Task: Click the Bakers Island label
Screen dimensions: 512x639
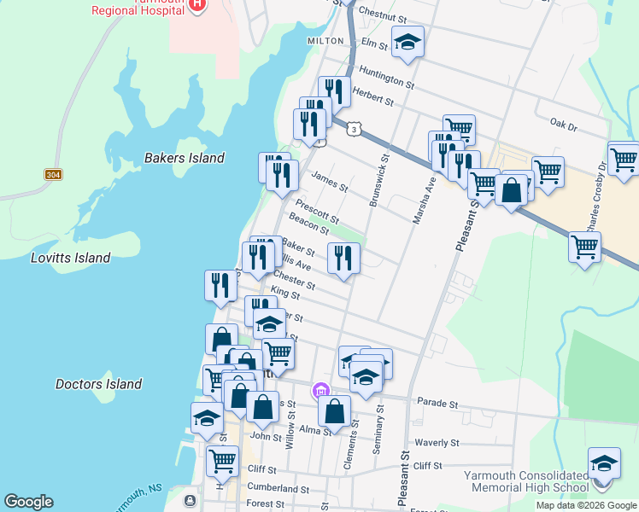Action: [x=185, y=158]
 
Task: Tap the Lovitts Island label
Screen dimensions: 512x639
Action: [x=70, y=258]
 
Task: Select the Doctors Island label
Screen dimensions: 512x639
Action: [x=98, y=384]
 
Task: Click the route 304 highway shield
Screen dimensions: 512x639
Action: [x=53, y=174]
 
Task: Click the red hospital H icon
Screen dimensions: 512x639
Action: [x=198, y=4]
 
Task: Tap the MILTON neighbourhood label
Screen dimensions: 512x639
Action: [x=325, y=41]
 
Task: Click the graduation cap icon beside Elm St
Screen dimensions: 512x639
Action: [x=407, y=42]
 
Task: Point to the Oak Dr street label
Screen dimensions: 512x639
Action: [x=564, y=125]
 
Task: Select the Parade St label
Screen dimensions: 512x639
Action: [x=436, y=401]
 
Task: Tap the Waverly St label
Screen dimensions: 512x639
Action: [x=437, y=443]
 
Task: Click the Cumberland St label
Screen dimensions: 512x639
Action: [x=278, y=489]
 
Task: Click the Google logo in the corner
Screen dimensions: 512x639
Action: [x=28, y=502]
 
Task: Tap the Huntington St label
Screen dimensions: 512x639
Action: [x=386, y=79]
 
